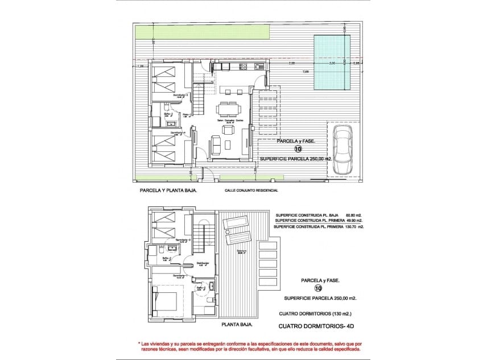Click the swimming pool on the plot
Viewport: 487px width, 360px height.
click(x=332, y=62)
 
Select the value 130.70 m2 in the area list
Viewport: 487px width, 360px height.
click(x=353, y=226)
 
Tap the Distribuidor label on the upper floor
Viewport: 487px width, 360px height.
click(x=203, y=263)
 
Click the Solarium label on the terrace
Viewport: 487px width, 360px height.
click(x=241, y=251)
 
